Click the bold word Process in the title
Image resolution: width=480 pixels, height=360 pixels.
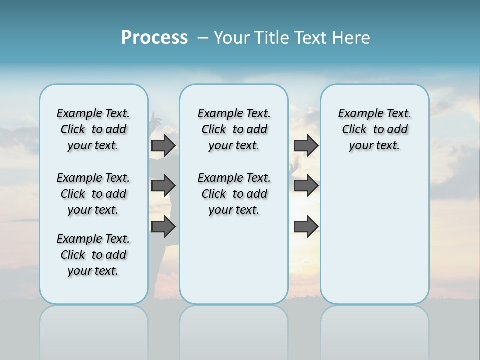coord(154,38)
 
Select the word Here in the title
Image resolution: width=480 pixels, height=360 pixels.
coord(352,38)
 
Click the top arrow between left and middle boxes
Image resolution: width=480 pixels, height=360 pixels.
coord(163,145)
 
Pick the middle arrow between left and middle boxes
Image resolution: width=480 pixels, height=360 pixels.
coord(163,186)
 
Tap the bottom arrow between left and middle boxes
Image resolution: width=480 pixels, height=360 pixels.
coord(163,227)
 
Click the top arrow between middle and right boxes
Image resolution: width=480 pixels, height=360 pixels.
coord(306,145)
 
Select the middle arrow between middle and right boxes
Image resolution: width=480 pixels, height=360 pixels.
coord(306,186)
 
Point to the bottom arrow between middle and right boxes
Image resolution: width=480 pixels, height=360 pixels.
coord(306,227)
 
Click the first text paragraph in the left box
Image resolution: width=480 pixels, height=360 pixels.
coord(93,129)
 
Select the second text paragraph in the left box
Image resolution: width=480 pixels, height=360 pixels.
coord(93,194)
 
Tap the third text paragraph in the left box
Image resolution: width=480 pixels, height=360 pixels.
coord(93,255)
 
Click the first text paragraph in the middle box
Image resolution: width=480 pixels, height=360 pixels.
coord(234,129)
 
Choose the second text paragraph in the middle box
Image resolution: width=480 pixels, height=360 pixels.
coord(234,194)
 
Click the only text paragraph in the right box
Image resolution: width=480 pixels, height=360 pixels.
coord(374,129)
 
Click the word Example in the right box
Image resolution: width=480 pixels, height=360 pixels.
coord(357,114)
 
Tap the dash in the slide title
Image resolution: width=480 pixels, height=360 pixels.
coord(203,38)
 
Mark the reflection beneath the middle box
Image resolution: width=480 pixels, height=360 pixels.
coord(234,330)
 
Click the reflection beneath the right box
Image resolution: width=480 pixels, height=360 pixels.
coord(374,330)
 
